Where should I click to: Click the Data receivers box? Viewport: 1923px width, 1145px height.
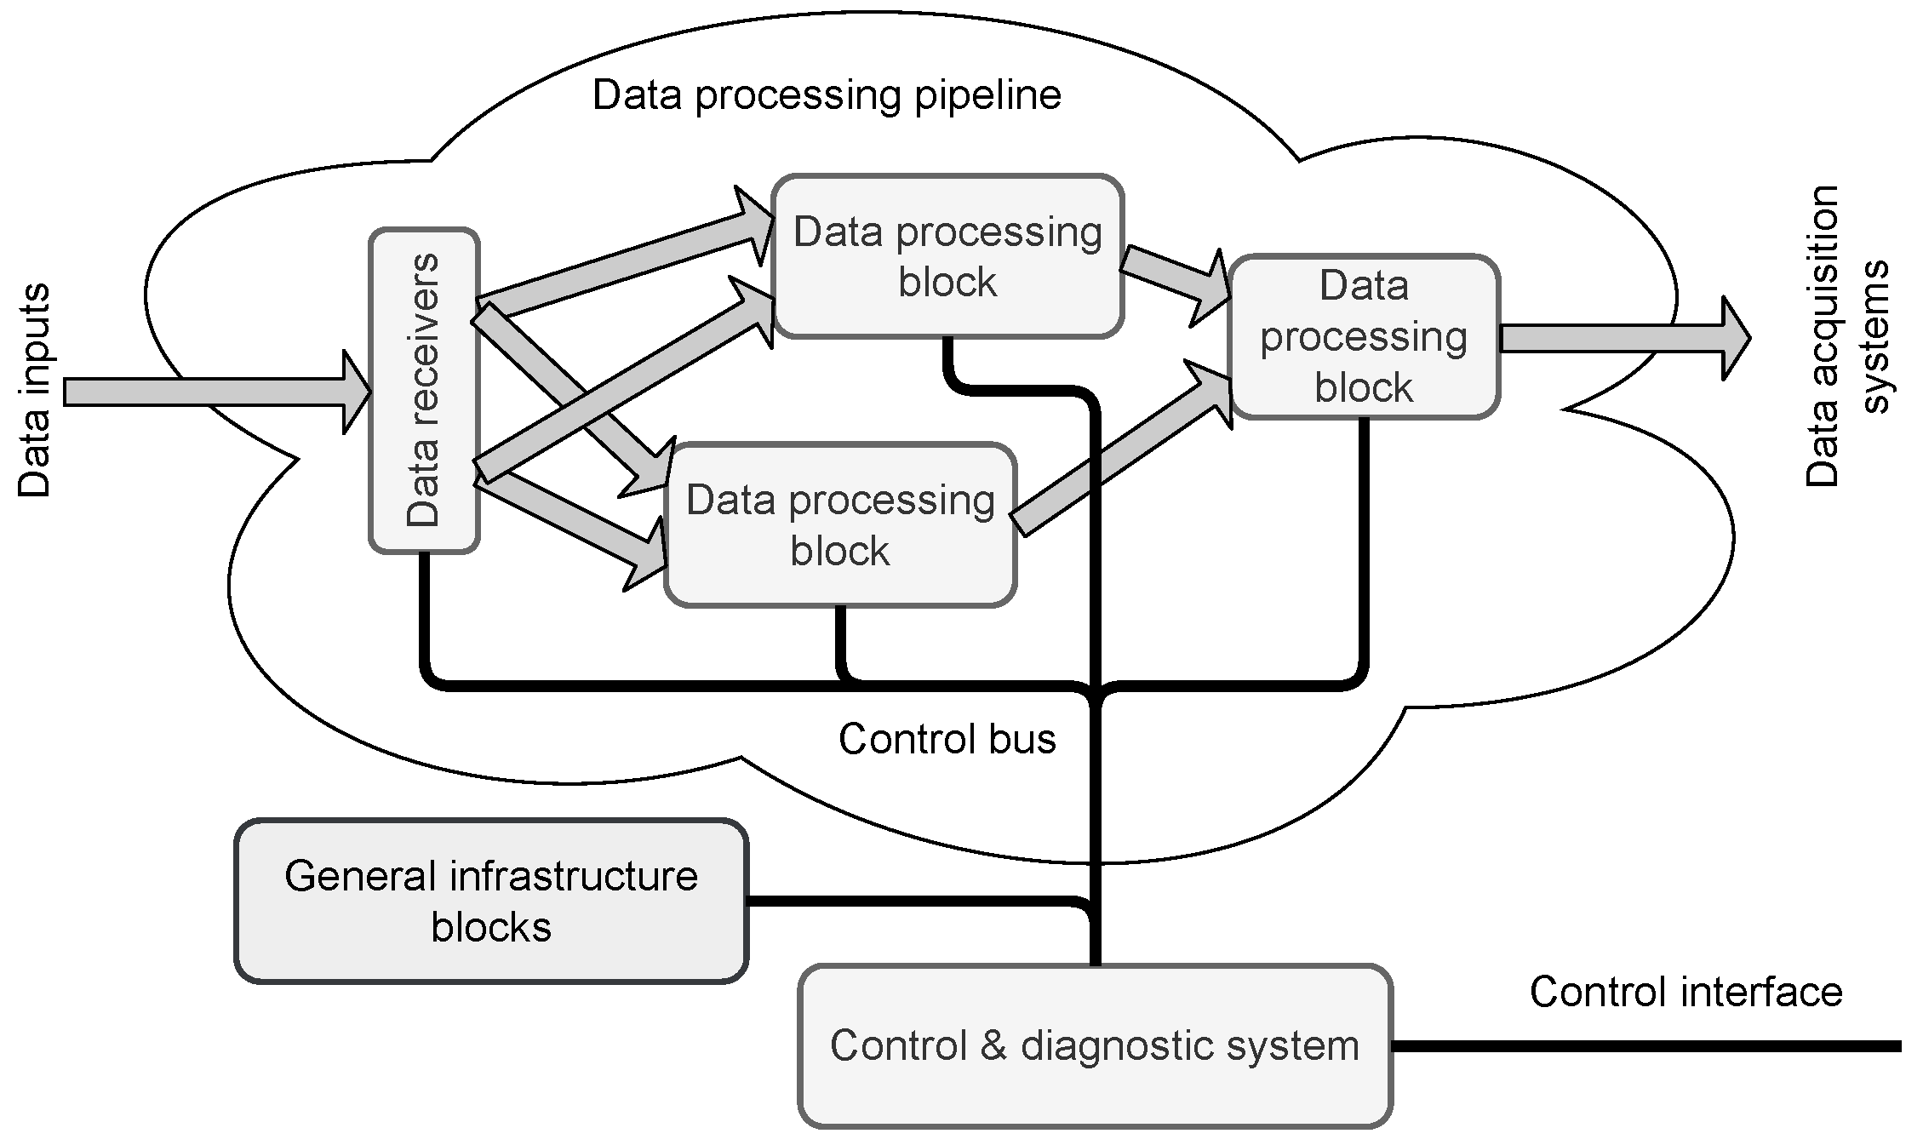[424, 390]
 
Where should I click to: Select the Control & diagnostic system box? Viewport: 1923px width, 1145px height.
[1095, 1045]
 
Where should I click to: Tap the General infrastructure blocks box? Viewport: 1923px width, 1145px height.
[491, 901]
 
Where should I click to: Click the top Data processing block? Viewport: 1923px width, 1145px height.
[947, 256]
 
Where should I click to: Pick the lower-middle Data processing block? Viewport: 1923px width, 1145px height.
[840, 524]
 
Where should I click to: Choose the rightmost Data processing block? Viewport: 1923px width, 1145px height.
[1364, 336]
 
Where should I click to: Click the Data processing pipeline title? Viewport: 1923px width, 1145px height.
[827, 95]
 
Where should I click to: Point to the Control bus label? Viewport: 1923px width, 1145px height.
[947, 738]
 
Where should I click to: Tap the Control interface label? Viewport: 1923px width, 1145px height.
[1685, 992]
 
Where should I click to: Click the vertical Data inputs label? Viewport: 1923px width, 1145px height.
[34, 390]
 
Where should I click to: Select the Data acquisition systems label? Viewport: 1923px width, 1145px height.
[1847, 335]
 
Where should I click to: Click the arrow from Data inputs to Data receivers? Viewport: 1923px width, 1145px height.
[218, 392]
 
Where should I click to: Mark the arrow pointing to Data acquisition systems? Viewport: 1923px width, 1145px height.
[1624, 338]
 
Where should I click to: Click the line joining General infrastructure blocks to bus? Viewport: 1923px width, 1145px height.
[918, 902]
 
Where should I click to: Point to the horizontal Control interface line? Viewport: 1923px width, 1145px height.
[1646, 1046]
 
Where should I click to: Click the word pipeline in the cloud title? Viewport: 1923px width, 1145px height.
[987, 96]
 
